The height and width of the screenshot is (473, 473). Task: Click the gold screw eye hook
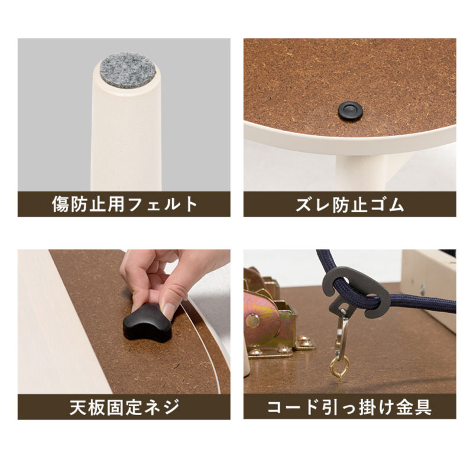339,365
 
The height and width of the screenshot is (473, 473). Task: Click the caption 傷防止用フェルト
124,205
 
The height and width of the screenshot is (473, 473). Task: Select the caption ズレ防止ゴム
349,205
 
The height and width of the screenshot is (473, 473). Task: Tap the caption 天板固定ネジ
124,407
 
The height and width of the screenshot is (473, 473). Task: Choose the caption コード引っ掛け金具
349,407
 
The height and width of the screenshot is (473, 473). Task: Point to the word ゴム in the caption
389,205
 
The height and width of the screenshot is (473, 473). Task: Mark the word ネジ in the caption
163,407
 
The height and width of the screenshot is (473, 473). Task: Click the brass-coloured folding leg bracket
269,322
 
